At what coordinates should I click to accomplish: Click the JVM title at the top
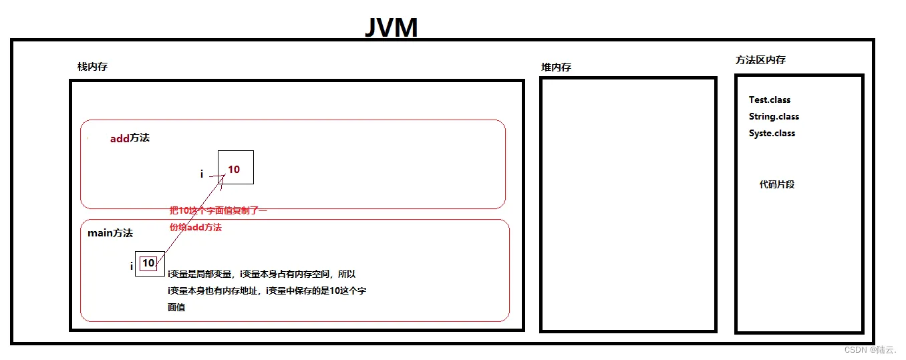click(392, 27)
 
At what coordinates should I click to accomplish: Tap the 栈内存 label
click(92, 67)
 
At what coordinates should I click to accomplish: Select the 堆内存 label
click(556, 67)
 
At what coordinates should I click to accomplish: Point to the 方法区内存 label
click(760, 60)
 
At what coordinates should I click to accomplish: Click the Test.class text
click(769, 100)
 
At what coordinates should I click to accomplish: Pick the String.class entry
click(774, 116)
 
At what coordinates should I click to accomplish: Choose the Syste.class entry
click(772, 133)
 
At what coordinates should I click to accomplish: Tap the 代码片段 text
click(776, 184)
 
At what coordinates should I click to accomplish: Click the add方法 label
click(130, 138)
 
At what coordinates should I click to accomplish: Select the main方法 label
click(110, 233)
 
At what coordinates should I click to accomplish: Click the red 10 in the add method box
click(234, 170)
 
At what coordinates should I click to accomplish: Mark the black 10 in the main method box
click(148, 263)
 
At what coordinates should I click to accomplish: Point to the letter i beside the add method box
click(202, 174)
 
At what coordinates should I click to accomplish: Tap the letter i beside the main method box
click(131, 266)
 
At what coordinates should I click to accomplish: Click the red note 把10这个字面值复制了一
click(218, 211)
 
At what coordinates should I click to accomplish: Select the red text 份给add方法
click(195, 227)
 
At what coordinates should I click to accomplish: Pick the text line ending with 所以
click(261, 274)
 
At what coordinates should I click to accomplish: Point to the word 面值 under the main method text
click(176, 308)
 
